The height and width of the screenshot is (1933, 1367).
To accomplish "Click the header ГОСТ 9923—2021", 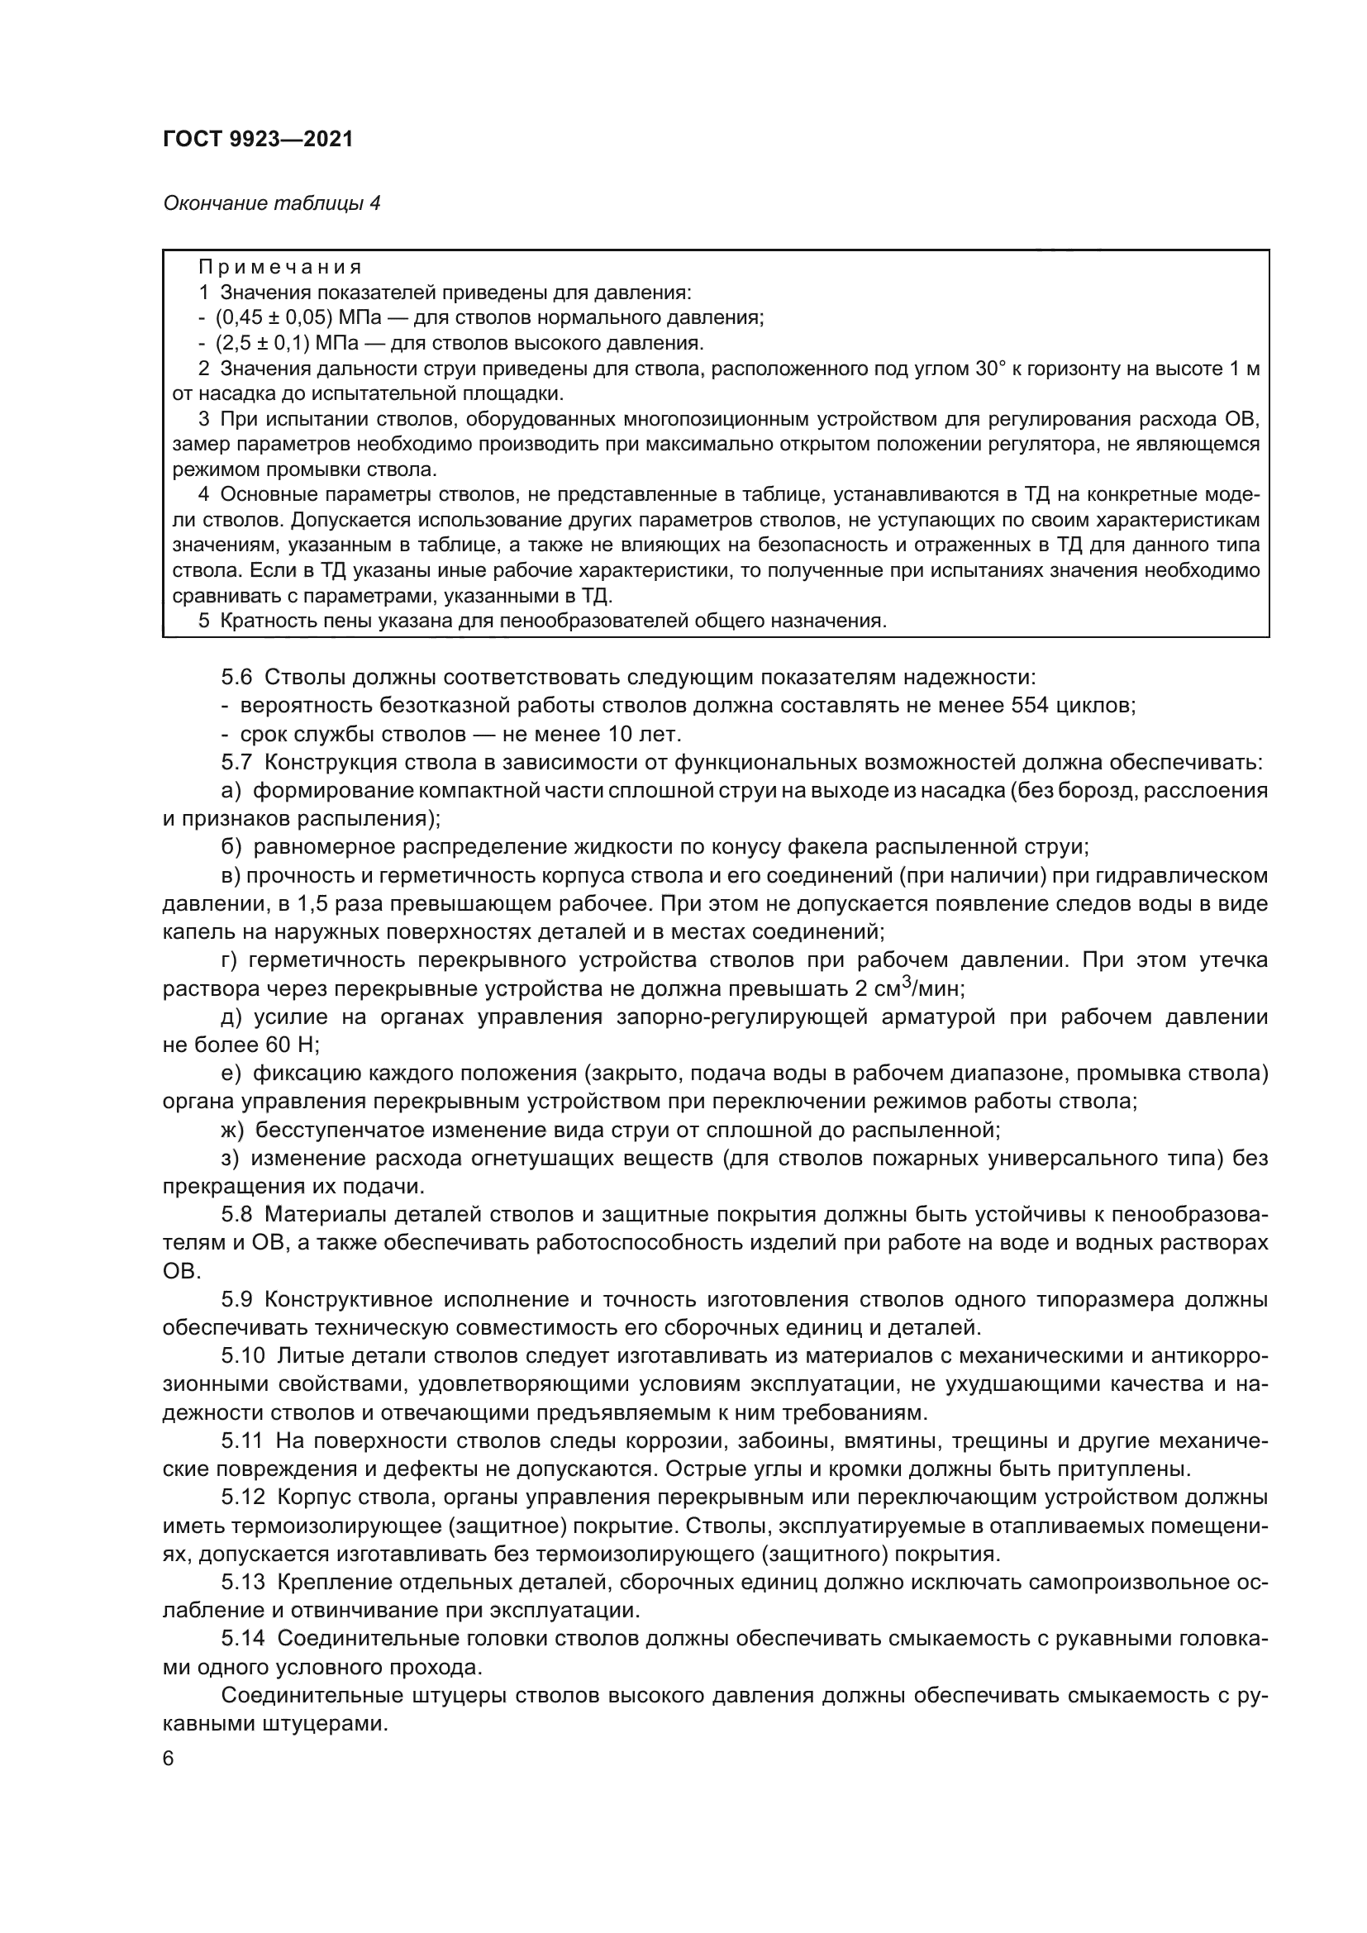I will (258, 140).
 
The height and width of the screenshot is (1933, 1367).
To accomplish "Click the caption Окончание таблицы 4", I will (271, 203).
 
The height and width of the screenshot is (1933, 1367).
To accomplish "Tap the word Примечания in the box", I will (279, 268).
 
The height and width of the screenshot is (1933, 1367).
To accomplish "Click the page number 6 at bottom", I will (169, 1759).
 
